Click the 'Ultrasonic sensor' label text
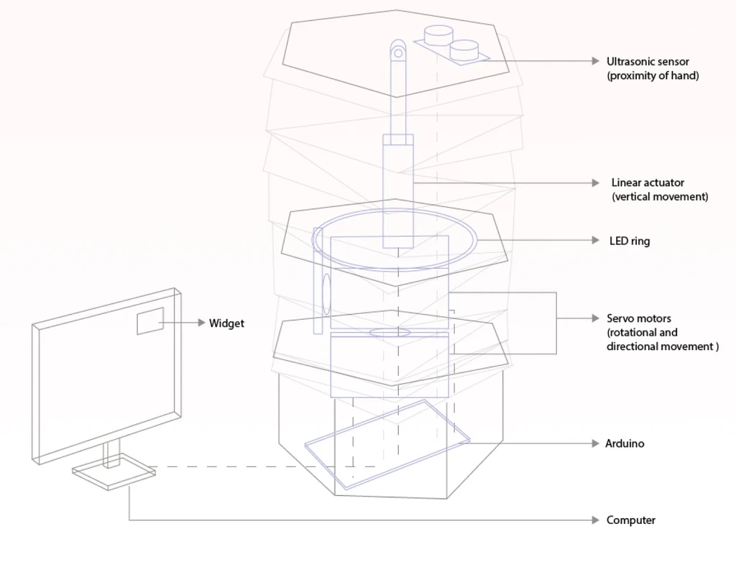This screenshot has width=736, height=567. coord(648,62)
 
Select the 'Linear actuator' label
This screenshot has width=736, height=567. coord(648,183)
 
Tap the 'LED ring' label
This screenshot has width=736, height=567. coord(630,241)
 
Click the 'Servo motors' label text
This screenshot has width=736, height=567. coord(639,318)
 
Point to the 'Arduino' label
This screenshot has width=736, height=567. coord(625,443)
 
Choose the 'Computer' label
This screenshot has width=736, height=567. coord(630,520)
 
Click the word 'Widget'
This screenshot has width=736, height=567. coord(226,323)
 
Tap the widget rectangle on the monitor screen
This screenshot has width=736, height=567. coord(150,321)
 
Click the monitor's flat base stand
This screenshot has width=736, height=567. coord(114,471)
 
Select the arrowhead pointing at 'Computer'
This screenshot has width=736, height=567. coord(595,520)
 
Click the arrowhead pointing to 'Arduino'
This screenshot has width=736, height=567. coord(595,443)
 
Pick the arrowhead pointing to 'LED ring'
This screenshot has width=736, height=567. coord(595,240)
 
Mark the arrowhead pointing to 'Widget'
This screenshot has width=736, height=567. coord(201,323)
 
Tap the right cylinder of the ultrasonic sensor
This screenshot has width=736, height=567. coord(464,50)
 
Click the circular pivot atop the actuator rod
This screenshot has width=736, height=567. coord(397,51)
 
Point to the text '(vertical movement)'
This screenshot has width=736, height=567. coord(659,197)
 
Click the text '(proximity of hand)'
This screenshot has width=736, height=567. coord(652,75)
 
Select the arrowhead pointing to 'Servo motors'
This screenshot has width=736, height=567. coord(595,318)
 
